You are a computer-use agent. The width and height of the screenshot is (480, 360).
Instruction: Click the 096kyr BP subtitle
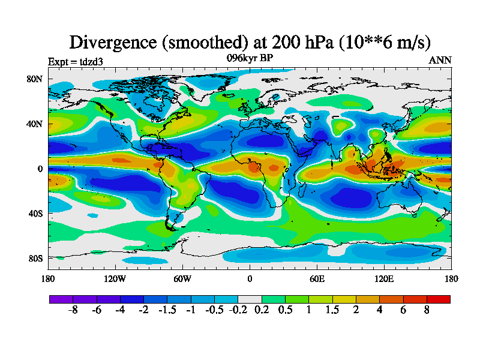pyautogui.click(x=250, y=58)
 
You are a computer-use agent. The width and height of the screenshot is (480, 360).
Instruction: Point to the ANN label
pyautogui.click(x=440, y=61)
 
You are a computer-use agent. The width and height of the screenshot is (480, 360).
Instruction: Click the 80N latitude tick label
pyautogui.click(x=35, y=79)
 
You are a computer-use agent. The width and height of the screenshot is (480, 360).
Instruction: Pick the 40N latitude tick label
pyautogui.click(x=35, y=124)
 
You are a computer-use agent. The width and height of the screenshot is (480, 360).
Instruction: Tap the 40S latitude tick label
pyautogui.click(x=35, y=214)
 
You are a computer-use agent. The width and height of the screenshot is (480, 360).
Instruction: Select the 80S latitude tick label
pyautogui.click(x=35, y=259)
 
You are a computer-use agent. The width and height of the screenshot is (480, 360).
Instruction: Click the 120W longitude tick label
pyautogui.click(x=115, y=278)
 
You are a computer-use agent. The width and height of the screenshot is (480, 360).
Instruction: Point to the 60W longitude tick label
pyautogui.click(x=182, y=278)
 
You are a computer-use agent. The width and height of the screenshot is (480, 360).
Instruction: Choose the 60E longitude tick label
pyautogui.click(x=316, y=278)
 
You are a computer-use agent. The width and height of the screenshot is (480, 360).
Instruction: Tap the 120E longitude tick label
pyautogui.click(x=383, y=278)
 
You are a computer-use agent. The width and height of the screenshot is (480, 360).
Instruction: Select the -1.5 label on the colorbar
pyautogui.click(x=167, y=312)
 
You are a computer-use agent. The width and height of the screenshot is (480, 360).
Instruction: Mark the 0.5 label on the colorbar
pyautogui.click(x=284, y=312)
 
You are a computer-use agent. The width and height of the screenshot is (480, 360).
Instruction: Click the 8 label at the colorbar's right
pyautogui.click(x=427, y=312)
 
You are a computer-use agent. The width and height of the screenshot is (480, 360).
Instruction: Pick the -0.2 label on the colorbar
pyautogui.click(x=238, y=312)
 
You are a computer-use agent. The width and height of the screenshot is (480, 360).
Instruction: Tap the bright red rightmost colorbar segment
pyautogui.click(x=439, y=299)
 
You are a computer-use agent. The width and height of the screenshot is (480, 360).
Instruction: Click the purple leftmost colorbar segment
pyautogui.click(x=61, y=299)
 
